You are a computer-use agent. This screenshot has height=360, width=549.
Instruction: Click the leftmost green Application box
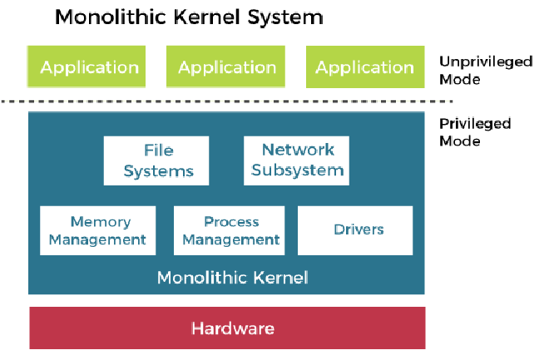pos(89,67)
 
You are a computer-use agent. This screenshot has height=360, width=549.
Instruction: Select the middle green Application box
pos(227,67)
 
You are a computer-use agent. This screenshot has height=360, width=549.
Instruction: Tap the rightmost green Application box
pos(365,67)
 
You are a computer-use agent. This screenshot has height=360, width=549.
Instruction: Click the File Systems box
pos(156,160)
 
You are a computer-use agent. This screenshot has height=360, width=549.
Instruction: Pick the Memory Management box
pos(99,230)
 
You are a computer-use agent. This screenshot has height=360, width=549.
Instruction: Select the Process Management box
pos(231,230)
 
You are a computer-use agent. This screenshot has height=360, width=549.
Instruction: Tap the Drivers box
pos(355,230)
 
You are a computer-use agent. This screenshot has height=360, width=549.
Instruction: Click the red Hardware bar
pos(227,328)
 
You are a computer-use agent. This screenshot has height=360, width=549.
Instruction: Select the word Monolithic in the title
pos(104,17)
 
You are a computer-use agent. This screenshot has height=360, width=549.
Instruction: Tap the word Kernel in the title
pos(198,17)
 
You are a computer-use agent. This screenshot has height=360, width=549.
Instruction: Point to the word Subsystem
pos(297,171)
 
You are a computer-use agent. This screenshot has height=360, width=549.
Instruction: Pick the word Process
pos(231,222)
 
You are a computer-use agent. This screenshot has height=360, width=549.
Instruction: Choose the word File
pos(157,151)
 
